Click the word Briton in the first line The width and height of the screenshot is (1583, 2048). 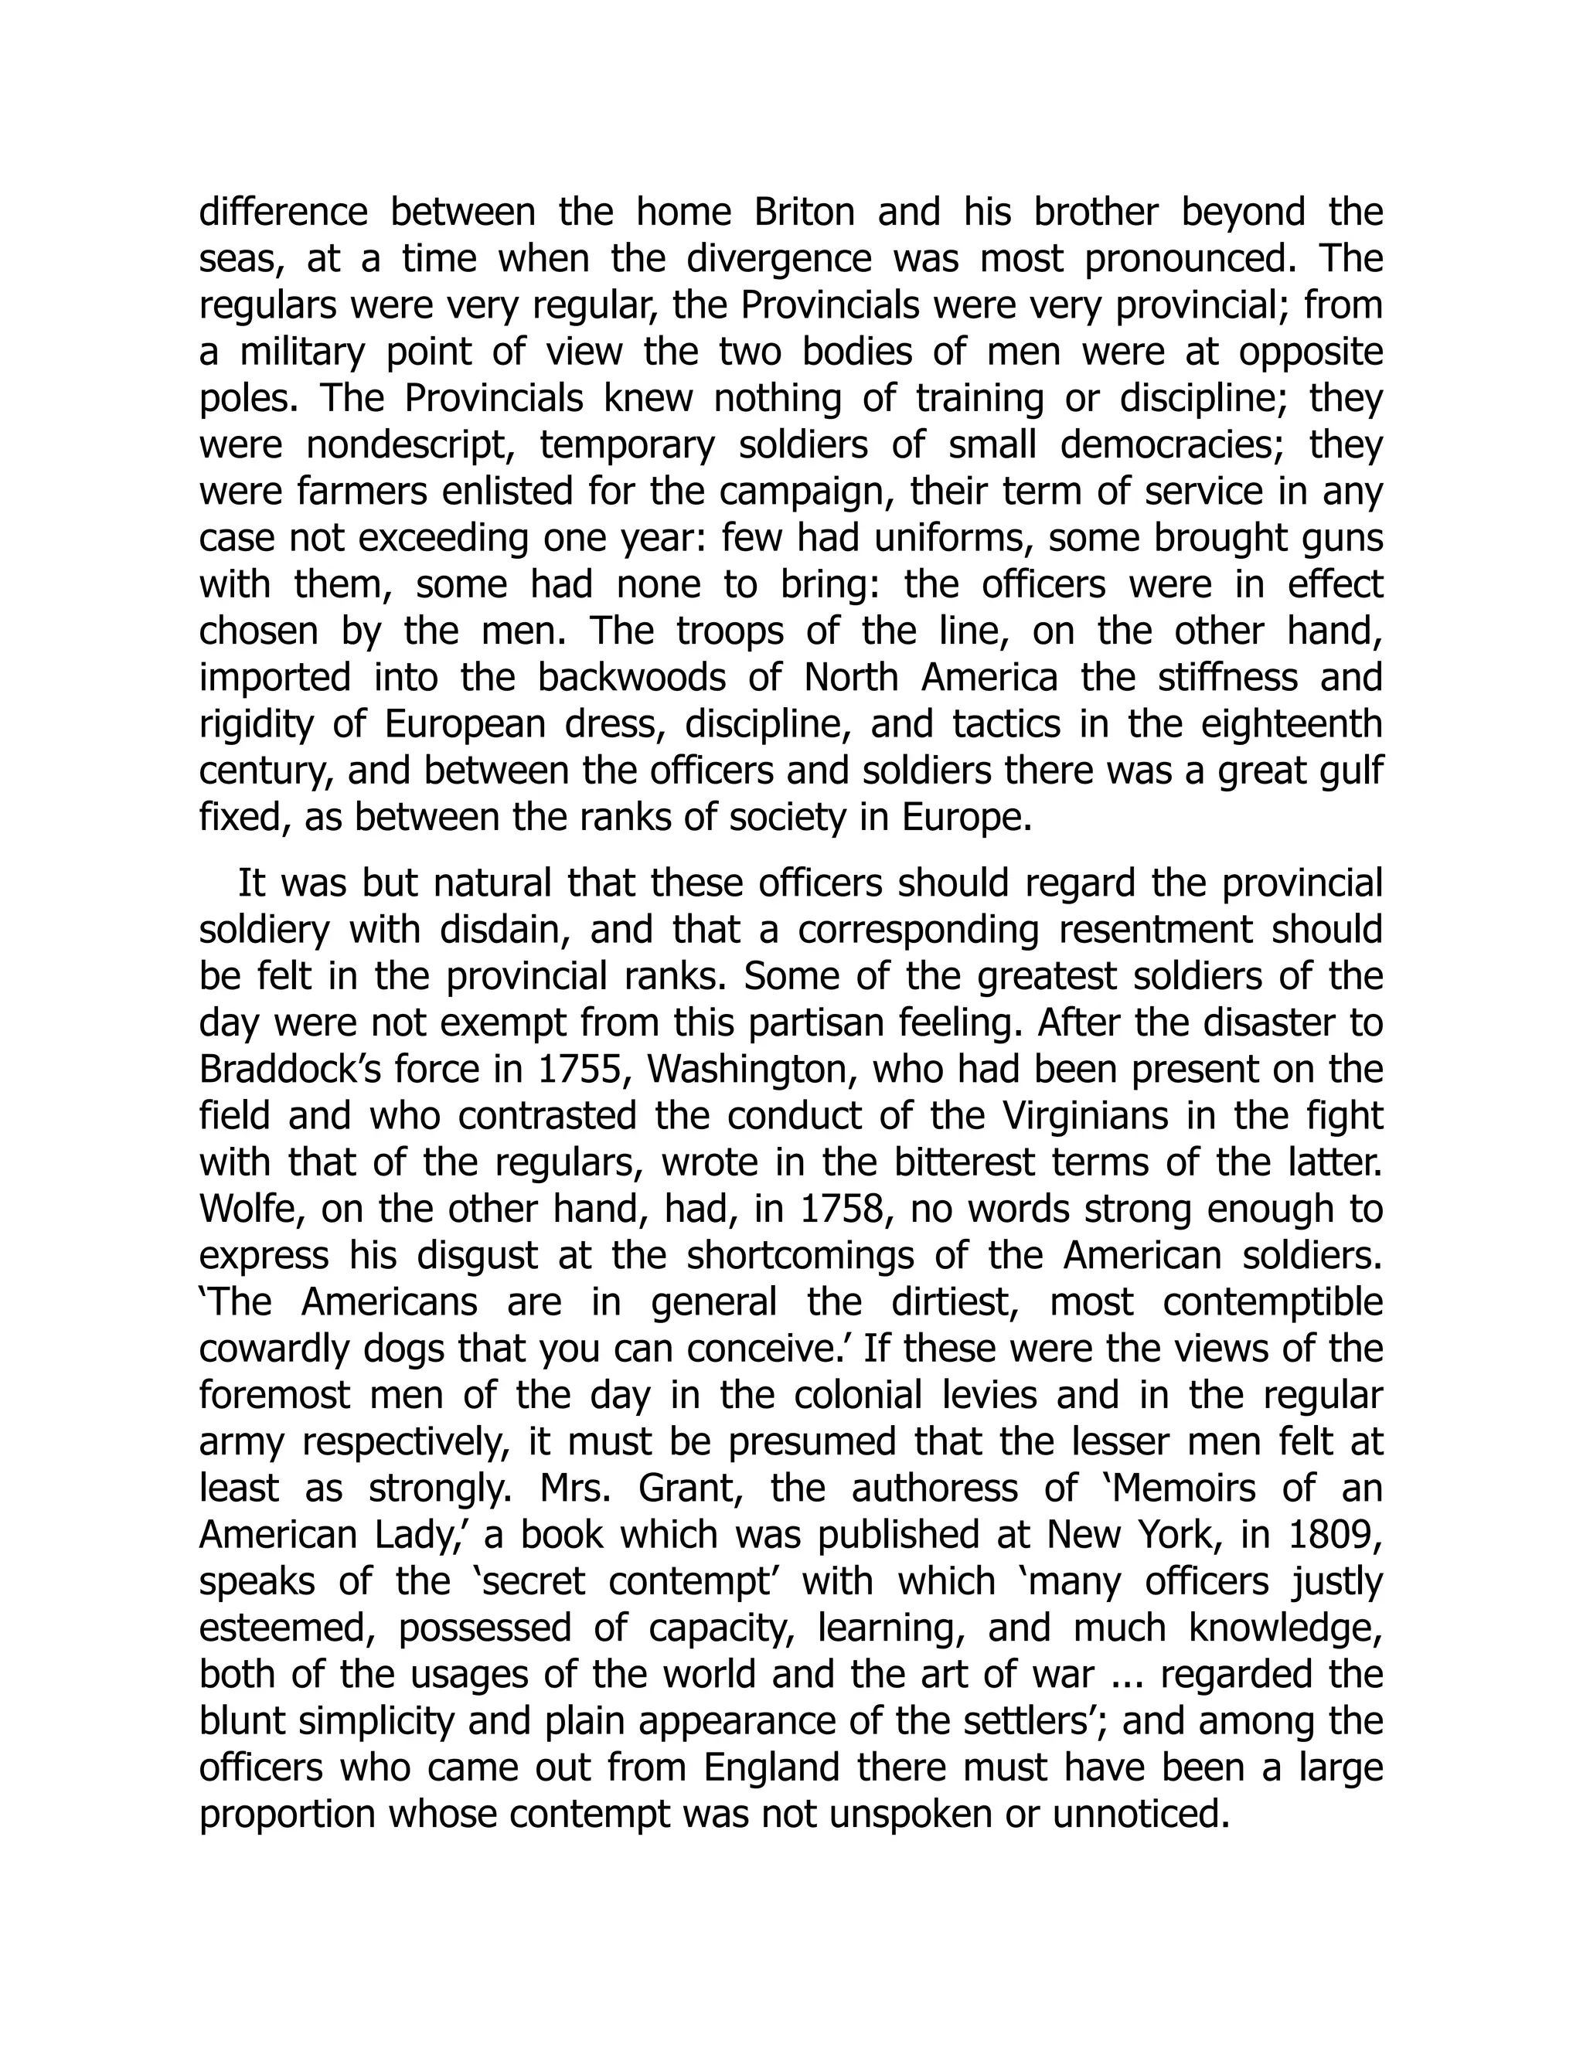[804, 212]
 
